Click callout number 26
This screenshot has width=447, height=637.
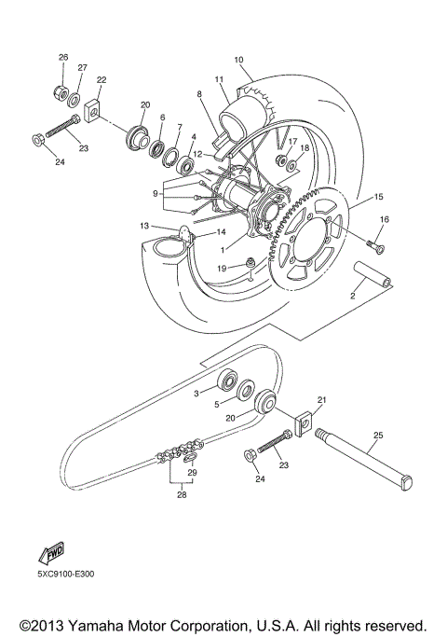[x=63, y=58]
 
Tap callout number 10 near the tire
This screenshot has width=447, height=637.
[x=238, y=59]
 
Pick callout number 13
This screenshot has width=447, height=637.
[x=144, y=226]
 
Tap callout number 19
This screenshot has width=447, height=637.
[x=221, y=268]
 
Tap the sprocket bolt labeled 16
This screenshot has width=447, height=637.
[x=378, y=246]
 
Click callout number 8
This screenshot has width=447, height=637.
[x=198, y=94]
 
